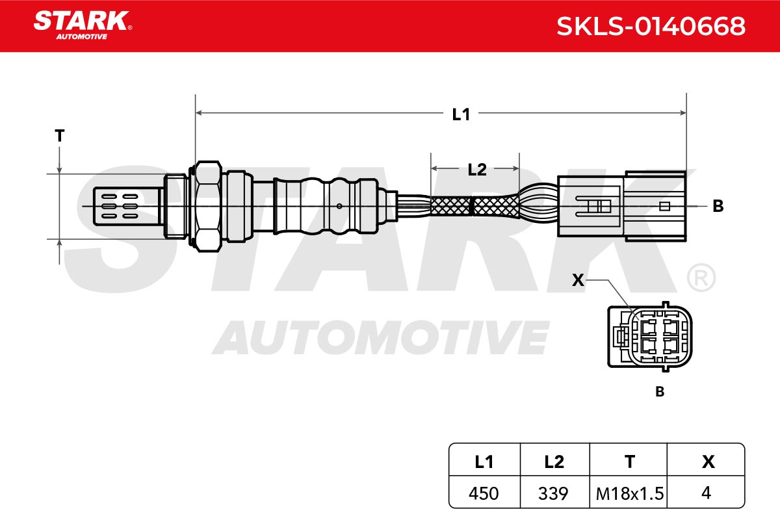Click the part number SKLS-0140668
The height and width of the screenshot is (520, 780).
point(651,26)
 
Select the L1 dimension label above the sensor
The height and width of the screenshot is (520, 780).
point(461,114)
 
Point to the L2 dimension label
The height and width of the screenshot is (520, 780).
point(476,170)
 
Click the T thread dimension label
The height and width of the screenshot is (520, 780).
point(60,135)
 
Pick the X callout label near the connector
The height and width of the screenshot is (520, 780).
point(578,280)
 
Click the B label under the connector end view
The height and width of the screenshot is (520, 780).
point(660,392)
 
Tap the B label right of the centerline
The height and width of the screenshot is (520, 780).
point(718,206)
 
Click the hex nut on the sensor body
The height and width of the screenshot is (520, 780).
point(207,206)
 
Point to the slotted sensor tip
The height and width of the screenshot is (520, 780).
point(126,206)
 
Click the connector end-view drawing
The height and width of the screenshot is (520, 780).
point(649,337)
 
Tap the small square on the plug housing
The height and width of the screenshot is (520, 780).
point(664,206)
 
